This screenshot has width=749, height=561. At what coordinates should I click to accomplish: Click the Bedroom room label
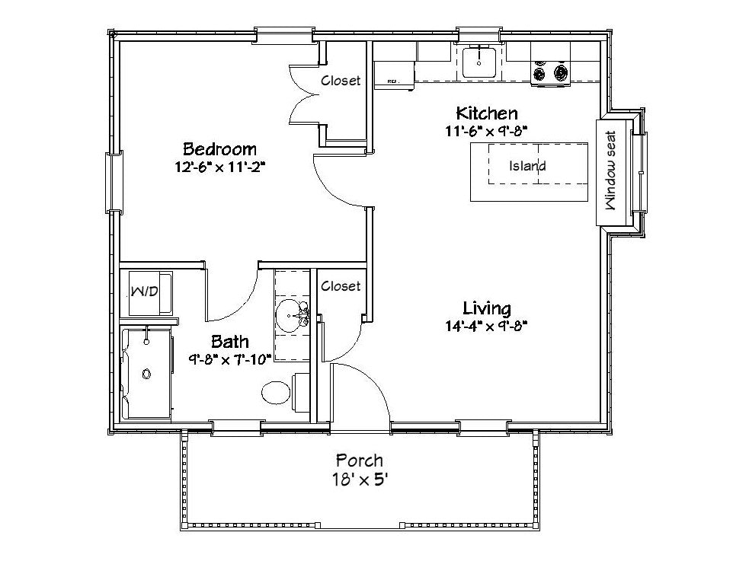(219, 149)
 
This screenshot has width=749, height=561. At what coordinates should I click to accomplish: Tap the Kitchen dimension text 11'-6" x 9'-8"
(486, 131)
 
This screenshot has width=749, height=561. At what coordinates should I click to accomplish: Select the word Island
(527, 165)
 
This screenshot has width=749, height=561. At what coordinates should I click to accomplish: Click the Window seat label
(611, 171)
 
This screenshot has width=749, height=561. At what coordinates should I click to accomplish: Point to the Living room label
(487, 308)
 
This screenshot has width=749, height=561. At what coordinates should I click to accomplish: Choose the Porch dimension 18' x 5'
(360, 480)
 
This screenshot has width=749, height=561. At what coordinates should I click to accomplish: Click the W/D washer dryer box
(150, 293)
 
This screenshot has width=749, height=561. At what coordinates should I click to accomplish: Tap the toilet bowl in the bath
(276, 393)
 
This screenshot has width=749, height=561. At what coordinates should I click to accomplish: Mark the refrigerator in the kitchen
(394, 75)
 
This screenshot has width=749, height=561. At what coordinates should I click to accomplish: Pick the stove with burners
(550, 73)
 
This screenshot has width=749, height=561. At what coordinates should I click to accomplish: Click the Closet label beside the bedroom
(341, 80)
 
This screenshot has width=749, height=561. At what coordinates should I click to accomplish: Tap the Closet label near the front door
(341, 285)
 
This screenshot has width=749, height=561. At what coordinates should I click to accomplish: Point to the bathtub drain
(146, 374)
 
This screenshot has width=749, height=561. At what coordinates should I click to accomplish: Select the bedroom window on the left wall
(114, 181)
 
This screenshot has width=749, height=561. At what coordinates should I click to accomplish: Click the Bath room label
(230, 342)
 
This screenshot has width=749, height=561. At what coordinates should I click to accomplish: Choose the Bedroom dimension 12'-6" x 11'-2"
(219, 167)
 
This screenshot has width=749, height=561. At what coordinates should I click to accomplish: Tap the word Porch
(360, 461)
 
